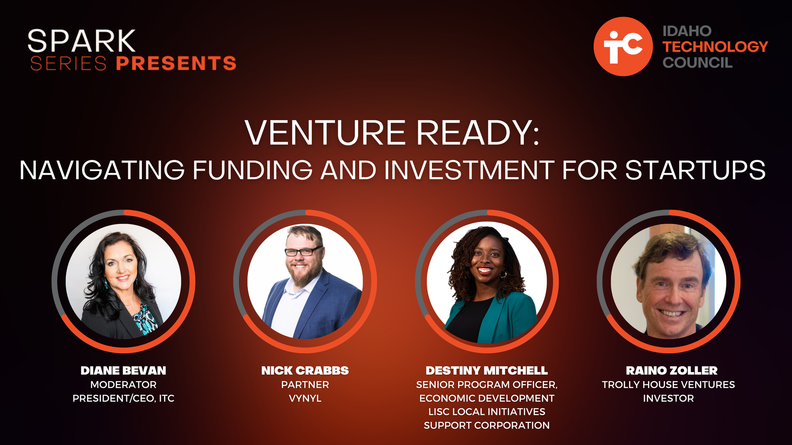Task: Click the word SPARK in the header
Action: point(81,41)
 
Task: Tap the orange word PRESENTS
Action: point(176,63)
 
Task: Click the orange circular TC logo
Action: point(623,47)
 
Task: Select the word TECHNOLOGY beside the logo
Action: point(715,47)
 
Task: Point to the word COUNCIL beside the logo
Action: point(698,63)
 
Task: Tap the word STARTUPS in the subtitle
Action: point(695,170)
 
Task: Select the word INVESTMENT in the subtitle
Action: point(469,170)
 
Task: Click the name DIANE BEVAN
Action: point(123,370)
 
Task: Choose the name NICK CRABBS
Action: point(305,370)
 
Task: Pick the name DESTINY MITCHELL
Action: point(487,370)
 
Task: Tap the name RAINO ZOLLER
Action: point(672,370)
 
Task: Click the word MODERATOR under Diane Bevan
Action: point(123,384)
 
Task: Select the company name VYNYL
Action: point(305,398)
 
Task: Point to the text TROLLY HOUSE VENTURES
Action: point(668,384)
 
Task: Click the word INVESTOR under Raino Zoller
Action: point(668,398)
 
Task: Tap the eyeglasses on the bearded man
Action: point(304,251)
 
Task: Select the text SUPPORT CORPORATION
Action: point(487,425)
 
